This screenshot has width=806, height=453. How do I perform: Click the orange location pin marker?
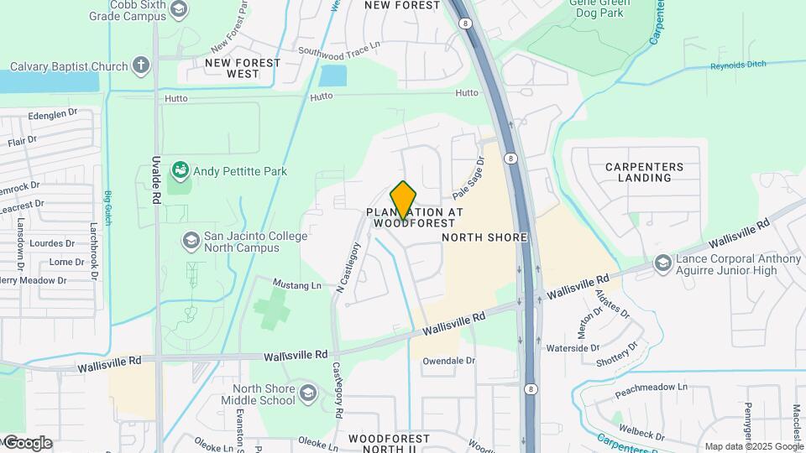[x=404, y=200]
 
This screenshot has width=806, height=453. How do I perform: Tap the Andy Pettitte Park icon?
[x=180, y=171]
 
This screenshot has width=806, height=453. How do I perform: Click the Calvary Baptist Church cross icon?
[x=141, y=66]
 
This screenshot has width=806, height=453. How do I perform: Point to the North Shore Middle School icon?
[x=308, y=393]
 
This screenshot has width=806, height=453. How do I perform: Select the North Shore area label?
[x=484, y=237]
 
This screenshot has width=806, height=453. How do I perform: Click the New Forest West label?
[x=231, y=68]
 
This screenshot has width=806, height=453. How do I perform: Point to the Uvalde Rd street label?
[x=157, y=180]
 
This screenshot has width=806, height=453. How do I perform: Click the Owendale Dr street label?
[x=448, y=362]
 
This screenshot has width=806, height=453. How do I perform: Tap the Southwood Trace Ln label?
[x=340, y=49]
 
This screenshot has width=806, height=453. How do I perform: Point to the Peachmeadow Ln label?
[x=652, y=390]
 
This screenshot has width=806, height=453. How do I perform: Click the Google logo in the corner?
[x=27, y=442]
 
